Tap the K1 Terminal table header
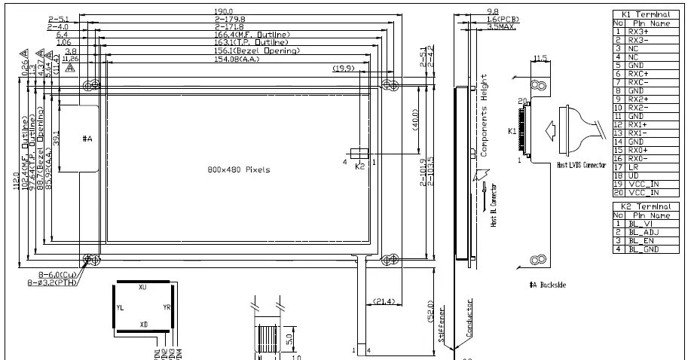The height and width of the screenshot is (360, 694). point(646,14)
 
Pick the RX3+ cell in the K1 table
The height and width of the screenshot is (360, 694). point(639,31)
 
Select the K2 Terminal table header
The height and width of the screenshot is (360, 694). point(646,206)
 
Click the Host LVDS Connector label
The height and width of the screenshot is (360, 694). point(581,165)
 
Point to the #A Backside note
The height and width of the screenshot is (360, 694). point(547,285)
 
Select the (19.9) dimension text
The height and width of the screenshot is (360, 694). point(344,69)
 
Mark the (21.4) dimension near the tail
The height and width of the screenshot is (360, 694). point(381,301)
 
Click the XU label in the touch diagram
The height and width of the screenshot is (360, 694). point(142,288)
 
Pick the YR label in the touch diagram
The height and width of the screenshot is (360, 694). point(167,307)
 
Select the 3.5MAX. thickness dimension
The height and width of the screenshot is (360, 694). point(501,26)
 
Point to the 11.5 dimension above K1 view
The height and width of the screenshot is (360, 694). point(540,57)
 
